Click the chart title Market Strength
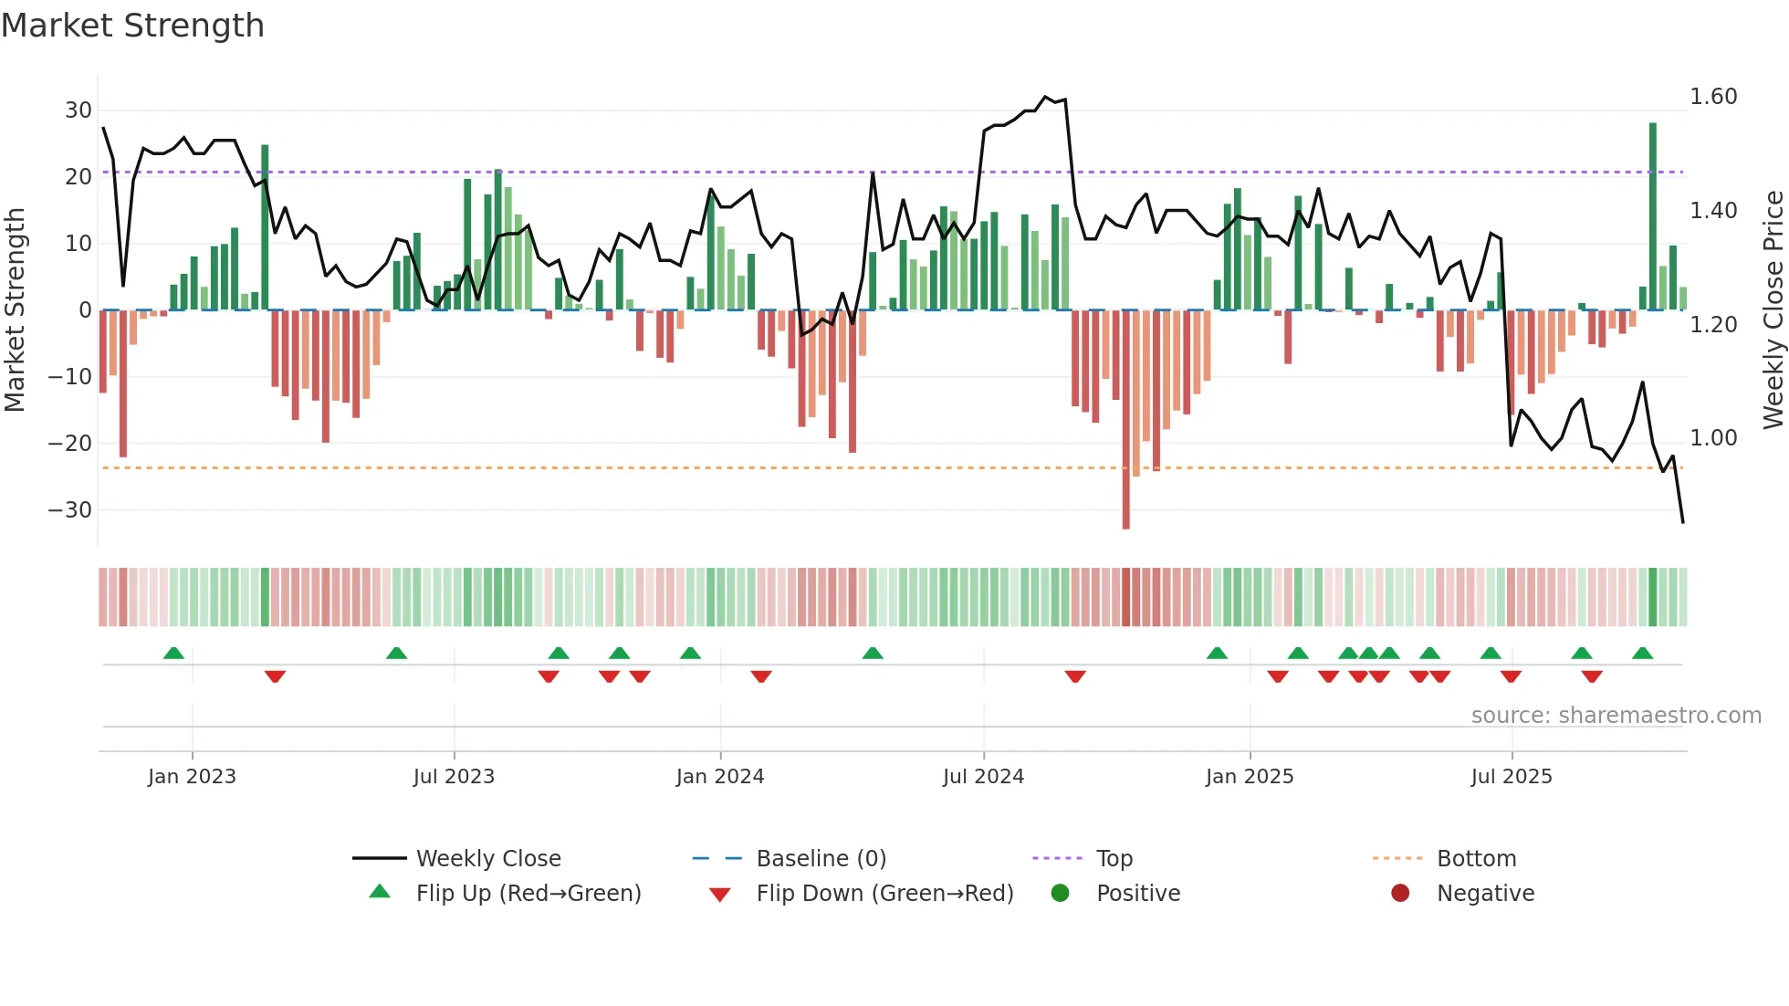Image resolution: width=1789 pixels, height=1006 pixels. coord(132,26)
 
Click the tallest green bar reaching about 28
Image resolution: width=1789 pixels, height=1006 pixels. coord(1652,215)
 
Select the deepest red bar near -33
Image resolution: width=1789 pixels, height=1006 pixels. coord(1125,420)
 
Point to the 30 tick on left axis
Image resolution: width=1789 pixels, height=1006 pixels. coord(78,110)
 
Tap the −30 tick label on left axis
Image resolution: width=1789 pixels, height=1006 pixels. coord(70,510)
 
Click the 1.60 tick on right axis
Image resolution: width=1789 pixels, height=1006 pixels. coord(1713,97)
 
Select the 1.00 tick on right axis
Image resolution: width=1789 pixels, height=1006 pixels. coord(1713,438)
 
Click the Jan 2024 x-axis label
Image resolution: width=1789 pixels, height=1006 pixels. coord(720,777)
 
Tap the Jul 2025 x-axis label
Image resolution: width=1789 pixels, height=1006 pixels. coord(1512,777)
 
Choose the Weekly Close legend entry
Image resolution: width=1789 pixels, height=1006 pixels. coord(488,859)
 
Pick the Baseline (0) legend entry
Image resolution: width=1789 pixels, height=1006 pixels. coord(821,859)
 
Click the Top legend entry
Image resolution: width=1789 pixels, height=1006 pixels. coord(1114,859)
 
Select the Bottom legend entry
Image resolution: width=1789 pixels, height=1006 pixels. coord(1476,859)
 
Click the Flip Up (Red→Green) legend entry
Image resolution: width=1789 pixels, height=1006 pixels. coord(528,894)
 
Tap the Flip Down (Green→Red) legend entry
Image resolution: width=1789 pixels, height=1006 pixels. coord(884,894)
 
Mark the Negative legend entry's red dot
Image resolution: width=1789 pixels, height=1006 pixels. coord(1400,894)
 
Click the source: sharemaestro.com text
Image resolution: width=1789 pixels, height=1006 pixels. coord(1616,716)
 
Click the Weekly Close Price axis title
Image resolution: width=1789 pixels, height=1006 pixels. coord(1773,310)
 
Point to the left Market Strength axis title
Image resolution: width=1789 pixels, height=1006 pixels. coord(16,310)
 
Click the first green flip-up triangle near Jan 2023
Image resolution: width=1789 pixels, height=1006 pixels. coord(173,653)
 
